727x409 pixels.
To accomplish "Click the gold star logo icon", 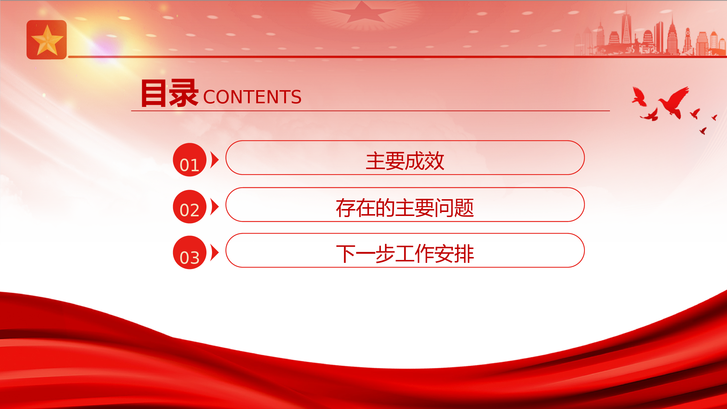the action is point(47,40).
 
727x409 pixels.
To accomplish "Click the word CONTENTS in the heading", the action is point(252,97).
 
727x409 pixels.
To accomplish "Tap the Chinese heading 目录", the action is point(169,93).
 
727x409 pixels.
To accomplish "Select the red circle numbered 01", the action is point(190,160).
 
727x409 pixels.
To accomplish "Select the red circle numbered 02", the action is point(190,206).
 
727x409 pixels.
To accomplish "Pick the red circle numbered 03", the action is point(190,253).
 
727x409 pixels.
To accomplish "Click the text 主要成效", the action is point(405,161).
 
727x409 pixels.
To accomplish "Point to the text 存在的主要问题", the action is point(405,208).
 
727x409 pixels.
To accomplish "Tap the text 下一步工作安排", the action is point(405,254).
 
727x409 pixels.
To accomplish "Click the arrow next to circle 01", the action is point(214,160).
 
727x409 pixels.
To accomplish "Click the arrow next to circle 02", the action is point(214,207).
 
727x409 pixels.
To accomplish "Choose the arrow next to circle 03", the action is point(214,253).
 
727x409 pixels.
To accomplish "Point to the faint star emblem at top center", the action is point(362,13).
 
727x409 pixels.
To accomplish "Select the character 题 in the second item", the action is point(464,208).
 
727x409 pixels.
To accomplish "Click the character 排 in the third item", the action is point(464,254).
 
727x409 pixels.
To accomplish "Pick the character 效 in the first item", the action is point(434,161).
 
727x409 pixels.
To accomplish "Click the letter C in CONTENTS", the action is point(209,97).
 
